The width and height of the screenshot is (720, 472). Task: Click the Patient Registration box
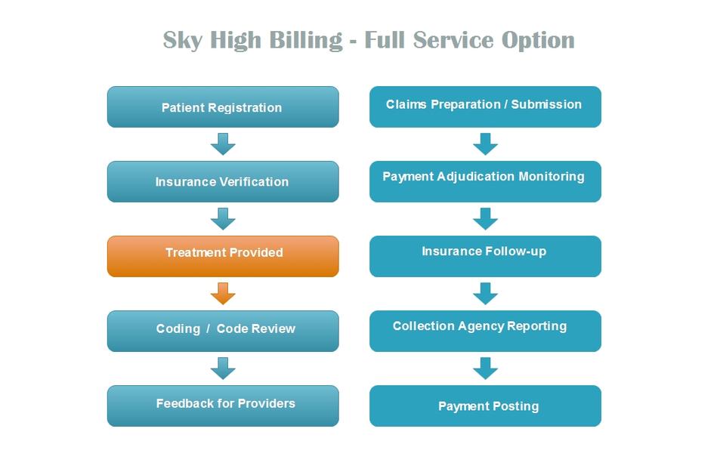[223, 107]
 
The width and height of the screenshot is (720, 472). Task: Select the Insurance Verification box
[223, 182]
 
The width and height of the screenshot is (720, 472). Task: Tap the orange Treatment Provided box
[223, 256]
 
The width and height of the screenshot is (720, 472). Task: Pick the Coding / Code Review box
[223, 331]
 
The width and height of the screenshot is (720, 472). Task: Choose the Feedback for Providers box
[223, 406]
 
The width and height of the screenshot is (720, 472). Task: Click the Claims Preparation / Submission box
[485, 107]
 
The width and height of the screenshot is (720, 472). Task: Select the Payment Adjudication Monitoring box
[485, 182]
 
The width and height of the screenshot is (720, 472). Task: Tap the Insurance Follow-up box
[485, 256]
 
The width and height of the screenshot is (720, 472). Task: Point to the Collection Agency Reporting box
[485, 331]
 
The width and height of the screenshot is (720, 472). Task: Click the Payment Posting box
[485, 406]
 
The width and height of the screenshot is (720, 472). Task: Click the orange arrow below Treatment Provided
[223, 294]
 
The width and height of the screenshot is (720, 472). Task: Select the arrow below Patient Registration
[223, 144]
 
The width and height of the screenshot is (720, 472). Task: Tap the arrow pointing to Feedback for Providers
[223, 369]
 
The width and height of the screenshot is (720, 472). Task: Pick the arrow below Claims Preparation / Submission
[485, 144]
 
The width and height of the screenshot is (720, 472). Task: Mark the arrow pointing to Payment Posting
[485, 369]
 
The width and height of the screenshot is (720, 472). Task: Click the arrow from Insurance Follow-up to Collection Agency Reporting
[485, 294]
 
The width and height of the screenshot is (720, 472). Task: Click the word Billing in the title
[305, 41]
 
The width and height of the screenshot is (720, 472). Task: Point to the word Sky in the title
[182, 41]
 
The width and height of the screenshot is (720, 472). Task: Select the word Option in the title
[538, 41]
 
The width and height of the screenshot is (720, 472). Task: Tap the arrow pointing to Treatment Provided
[223, 219]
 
